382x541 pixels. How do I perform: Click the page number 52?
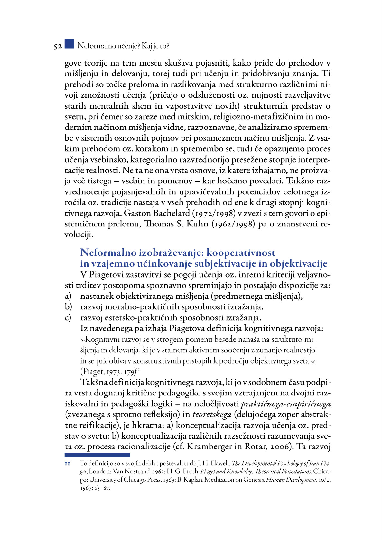point(58,47)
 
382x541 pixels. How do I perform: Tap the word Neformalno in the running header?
point(97,46)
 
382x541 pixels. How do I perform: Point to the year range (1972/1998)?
point(214,213)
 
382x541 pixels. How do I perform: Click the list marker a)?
point(68,296)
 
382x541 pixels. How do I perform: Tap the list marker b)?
point(68,307)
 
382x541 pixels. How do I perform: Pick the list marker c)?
point(68,318)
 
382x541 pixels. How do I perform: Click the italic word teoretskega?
point(212,415)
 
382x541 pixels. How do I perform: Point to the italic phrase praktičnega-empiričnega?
point(286,404)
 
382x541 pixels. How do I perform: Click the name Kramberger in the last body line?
point(210,447)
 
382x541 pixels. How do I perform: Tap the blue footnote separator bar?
point(97,455)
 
